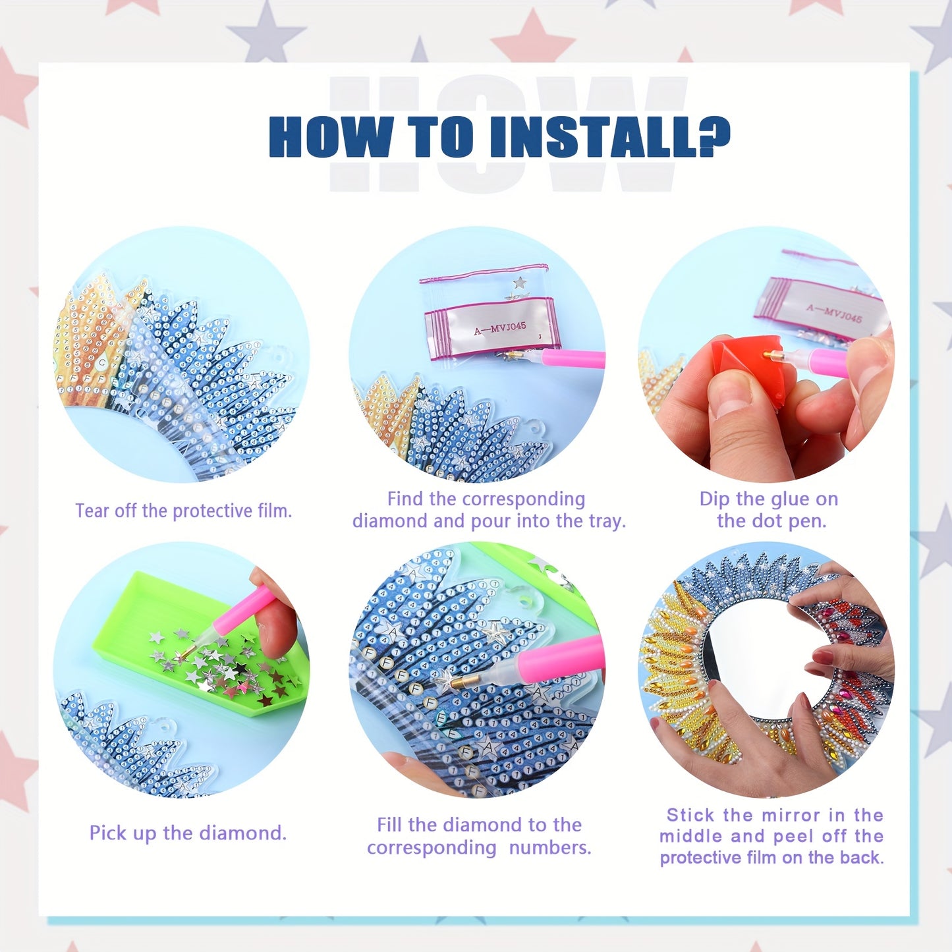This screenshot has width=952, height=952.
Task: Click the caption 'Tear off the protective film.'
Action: (x=183, y=511)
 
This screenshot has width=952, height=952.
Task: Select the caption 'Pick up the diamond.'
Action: (x=188, y=833)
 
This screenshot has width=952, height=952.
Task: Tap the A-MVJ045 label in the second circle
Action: (x=500, y=327)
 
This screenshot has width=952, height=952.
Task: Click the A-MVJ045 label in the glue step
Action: (x=834, y=312)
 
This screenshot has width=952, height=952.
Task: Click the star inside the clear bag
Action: (x=519, y=282)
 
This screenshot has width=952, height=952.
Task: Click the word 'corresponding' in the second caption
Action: (x=524, y=499)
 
